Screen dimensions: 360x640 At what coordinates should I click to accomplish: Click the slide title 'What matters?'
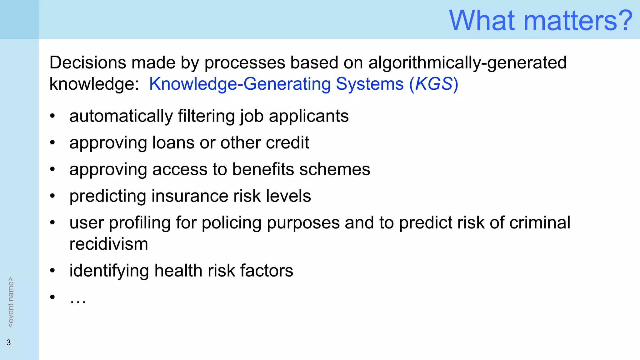[x=541, y=21]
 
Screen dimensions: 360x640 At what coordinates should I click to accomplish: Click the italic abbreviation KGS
[x=434, y=84]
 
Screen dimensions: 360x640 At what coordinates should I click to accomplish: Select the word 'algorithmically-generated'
[x=467, y=62]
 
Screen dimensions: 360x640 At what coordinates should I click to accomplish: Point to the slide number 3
[x=9, y=342]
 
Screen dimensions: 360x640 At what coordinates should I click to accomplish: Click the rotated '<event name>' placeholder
[x=11, y=302]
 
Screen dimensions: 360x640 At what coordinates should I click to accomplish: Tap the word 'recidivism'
[x=108, y=244]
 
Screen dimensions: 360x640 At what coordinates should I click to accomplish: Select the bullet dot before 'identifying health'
[x=52, y=271]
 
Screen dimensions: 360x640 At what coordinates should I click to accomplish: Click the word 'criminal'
[x=540, y=223]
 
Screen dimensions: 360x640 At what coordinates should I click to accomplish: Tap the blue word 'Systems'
[x=370, y=84]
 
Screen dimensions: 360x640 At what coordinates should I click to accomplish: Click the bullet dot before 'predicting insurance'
[x=52, y=196]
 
